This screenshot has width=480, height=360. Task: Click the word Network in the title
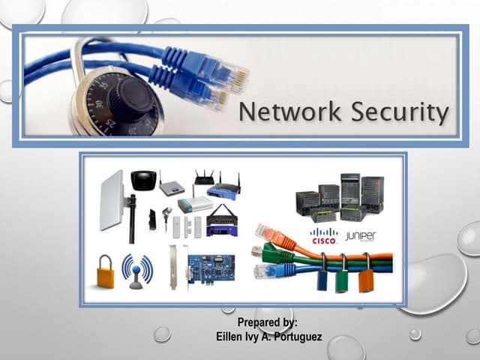[x=289, y=112]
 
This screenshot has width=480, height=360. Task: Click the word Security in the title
[x=400, y=113]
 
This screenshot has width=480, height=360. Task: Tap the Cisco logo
[x=324, y=235]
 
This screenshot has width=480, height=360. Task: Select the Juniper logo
[x=360, y=236]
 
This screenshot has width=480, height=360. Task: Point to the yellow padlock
[x=106, y=271]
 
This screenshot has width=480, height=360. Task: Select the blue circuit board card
[x=211, y=268]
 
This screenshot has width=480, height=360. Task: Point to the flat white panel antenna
[x=112, y=200]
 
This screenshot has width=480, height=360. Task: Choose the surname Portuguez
[x=296, y=337]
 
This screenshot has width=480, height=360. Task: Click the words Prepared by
[x=267, y=322]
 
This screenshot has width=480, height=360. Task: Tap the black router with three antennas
[x=204, y=178]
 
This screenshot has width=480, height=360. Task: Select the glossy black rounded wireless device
[x=143, y=181]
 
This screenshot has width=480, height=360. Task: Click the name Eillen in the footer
[x=228, y=337]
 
